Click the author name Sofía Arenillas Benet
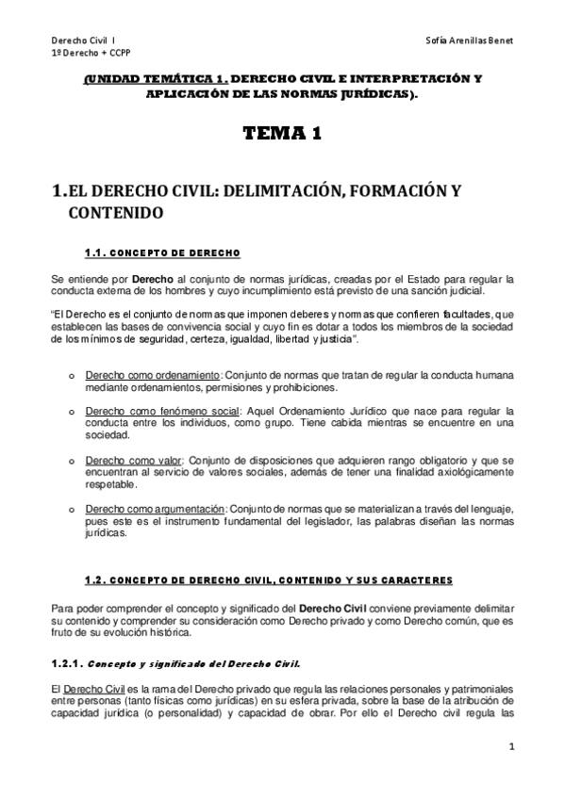pyautogui.click(x=470, y=42)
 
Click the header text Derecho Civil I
pyautogui.click(x=84, y=42)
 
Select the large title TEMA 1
pyautogui.click(x=282, y=134)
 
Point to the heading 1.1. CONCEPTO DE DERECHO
pyautogui.click(x=162, y=253)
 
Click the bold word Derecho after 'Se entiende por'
pyautogui.click(x=152, y=280)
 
